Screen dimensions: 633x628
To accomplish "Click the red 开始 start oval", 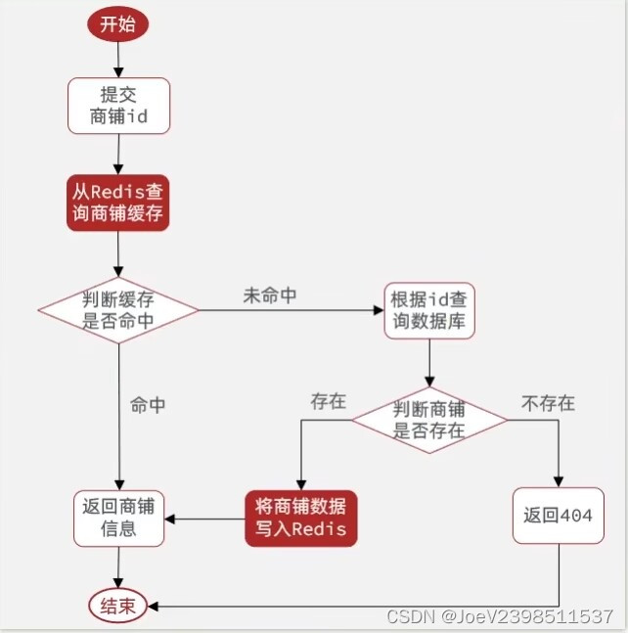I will pos(117,23).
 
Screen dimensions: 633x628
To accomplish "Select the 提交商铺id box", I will pos(118,106).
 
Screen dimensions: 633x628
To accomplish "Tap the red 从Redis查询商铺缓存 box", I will pos(117,203).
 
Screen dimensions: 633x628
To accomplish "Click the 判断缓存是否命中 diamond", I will pos(118,310).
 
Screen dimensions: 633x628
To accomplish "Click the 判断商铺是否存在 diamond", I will pos(428,419).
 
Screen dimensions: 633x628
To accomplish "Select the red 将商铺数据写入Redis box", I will pos(300,519).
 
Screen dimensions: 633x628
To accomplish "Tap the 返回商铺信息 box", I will pos(118,519).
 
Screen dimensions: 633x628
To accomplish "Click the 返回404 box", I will pos(558,517).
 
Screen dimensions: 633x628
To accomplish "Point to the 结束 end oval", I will pos(118,606).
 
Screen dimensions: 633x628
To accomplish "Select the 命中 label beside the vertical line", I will pos(148,405).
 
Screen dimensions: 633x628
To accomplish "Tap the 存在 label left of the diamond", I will pos(329,401).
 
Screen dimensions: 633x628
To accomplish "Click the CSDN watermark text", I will pos(500,616).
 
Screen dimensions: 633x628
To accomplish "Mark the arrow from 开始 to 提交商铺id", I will pos(117,59).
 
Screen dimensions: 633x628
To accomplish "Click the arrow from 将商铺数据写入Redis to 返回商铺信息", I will pos(204,519).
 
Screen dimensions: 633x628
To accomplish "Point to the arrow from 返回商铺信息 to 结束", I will pos(118,567).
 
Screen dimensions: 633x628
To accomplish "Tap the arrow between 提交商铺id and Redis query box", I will pos(117,154).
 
